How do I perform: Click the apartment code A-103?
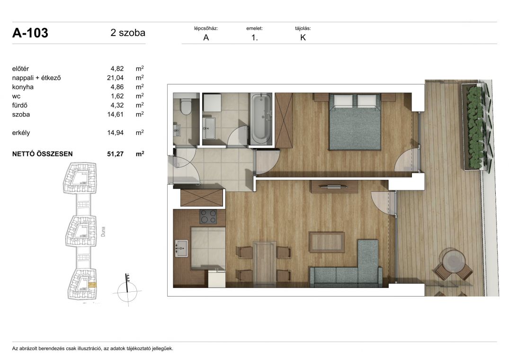pos(30,33)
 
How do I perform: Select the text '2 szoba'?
pos(128,33)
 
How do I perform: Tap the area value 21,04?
pos(115,78)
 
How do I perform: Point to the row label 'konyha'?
pos(23,87)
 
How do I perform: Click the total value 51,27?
pos(115,154)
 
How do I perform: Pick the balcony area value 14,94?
pos(115,133)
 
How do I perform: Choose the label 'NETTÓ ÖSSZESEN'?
pos(43,154)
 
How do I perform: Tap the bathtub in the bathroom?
pos(261,118)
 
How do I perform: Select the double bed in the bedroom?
pos(355,121)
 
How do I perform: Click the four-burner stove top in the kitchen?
pos(208,216)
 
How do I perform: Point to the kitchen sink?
pos(181,248)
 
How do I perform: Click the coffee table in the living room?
pos(327,242)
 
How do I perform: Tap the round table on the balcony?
pos(453,261)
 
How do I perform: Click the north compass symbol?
pos(127,290)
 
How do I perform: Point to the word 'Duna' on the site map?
pos(103,232)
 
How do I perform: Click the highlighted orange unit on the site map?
pos(92,285)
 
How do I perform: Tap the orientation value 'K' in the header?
pos(303,37)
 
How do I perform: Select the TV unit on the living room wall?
pos(334,187)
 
